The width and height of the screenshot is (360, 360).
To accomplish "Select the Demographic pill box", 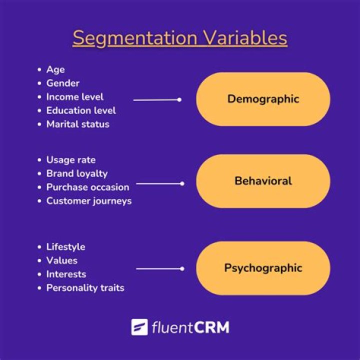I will point(263,99).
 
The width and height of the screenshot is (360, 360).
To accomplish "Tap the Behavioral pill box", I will point(263,181).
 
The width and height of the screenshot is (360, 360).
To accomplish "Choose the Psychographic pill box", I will point(263,268).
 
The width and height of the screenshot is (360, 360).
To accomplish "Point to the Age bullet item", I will point(55,69).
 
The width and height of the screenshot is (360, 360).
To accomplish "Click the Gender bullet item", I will point(63,83).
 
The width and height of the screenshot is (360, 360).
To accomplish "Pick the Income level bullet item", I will point(75,96).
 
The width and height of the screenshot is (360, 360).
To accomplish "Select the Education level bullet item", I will point(81,110).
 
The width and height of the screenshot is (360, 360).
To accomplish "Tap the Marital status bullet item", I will point(77,124).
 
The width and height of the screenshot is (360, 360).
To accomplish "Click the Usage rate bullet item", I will point(71,160).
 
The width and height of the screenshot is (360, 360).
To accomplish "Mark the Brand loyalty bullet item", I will point(77,173).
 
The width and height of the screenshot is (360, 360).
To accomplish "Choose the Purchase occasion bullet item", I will point(87,187).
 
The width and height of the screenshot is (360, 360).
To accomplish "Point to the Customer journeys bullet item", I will point(89,201).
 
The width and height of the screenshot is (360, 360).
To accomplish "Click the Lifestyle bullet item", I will point(65,247).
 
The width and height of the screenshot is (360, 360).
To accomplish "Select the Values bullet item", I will point(62,260).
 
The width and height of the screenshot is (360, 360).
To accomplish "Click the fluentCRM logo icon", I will point(139,327).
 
